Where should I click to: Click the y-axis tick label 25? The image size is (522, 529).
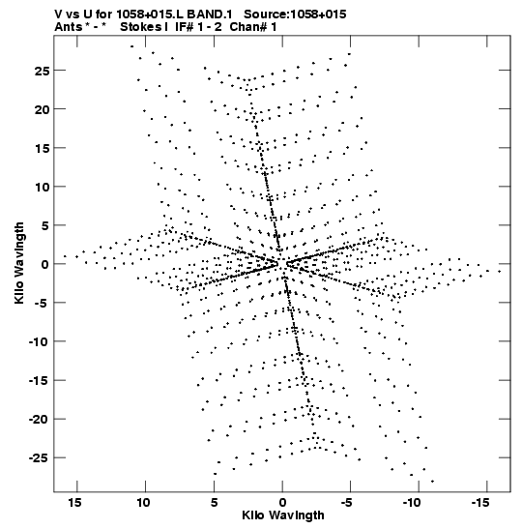coord(42,71)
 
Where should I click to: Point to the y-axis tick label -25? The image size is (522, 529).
coord(40,458)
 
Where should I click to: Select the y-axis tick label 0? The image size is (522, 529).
coord(45,265)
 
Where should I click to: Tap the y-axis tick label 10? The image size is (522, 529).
coord(42,187)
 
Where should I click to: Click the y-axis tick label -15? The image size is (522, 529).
coord(40,381)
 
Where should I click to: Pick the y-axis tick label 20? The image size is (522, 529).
coord(42,109)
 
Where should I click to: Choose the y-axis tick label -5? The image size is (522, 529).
coord(42,304)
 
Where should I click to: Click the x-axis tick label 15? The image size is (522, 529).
coord(74,503)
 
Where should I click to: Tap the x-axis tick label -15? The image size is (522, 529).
coord(479,503)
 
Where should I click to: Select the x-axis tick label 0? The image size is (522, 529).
coord(282,503)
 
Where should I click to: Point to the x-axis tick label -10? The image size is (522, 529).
coord(411,503)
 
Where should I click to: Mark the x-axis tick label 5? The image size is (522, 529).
coord(215,503)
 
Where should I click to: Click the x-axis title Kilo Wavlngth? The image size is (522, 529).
coord(283,515)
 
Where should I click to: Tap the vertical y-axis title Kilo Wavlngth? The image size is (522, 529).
coord(19,263)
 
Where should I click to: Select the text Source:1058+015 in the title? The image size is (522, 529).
coord(295,15)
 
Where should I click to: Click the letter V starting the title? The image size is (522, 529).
coord(58,15)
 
